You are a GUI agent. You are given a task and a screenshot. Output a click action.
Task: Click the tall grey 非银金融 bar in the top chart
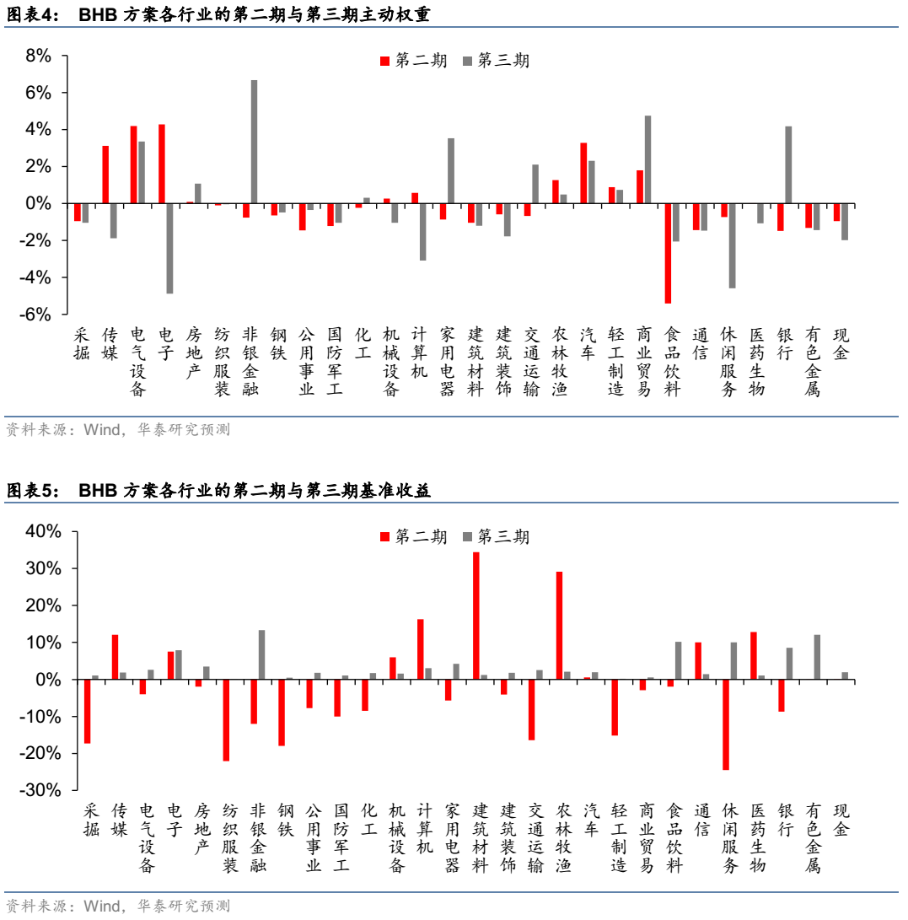pos(254,142)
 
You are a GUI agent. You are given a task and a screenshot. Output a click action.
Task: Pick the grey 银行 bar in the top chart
pos(788,165)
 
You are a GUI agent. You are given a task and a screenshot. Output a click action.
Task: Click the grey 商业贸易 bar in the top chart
pos(647,159)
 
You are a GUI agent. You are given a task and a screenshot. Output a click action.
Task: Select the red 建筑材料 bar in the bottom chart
pos(476,616)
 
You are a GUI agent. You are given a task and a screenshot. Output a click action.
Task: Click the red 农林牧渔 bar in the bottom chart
pos(559,626)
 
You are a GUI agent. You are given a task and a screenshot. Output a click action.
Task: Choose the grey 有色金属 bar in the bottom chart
pos(817,657)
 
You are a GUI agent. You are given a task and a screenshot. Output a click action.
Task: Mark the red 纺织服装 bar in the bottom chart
pos(226,720)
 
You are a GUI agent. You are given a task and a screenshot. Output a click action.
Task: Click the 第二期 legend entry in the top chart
pos(413,61)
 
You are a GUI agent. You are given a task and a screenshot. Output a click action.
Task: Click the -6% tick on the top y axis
pos(36,315)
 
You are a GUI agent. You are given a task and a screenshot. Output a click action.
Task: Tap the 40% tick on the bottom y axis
pos(43,531)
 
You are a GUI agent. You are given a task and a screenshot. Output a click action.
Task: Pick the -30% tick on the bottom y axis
pos(40,790)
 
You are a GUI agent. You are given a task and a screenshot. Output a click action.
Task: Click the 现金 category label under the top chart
pos(841,345)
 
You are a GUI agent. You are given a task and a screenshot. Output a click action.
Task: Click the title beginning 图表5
pos(219,491)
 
